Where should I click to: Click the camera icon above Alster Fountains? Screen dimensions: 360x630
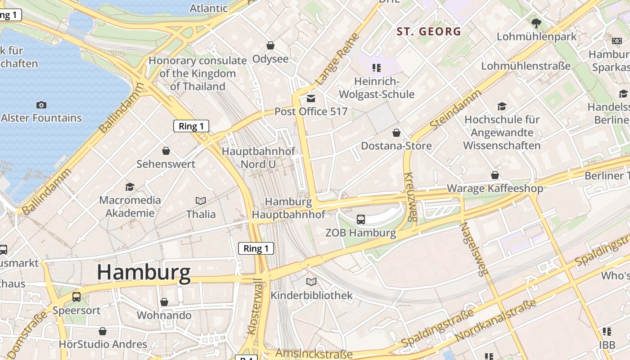click(41, 105)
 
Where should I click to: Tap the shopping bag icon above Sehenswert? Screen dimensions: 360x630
click(166, 151)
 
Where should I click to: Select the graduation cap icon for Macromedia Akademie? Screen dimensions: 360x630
click(130, 187)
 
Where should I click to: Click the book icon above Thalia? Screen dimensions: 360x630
click(201, 201)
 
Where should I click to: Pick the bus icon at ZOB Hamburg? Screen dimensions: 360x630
click(361, 220)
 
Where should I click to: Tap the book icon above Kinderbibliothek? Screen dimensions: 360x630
click(311, 282)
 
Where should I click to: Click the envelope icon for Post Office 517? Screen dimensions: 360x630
click(311, 99)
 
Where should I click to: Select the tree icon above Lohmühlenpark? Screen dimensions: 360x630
click(536, 23)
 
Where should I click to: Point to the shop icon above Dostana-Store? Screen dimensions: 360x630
click(396, 133)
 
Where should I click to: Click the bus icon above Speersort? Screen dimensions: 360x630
click(76, 297)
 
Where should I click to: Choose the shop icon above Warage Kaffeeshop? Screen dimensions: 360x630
click(495, 175)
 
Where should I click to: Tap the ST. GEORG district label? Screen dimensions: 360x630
click(429, 31)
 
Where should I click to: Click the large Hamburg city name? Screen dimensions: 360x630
click(144, 273)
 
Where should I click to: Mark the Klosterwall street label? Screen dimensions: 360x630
click(254, 306)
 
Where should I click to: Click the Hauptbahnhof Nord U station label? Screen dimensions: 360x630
click(258, 157)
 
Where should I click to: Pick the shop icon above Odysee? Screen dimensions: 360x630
click(270, 45)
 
